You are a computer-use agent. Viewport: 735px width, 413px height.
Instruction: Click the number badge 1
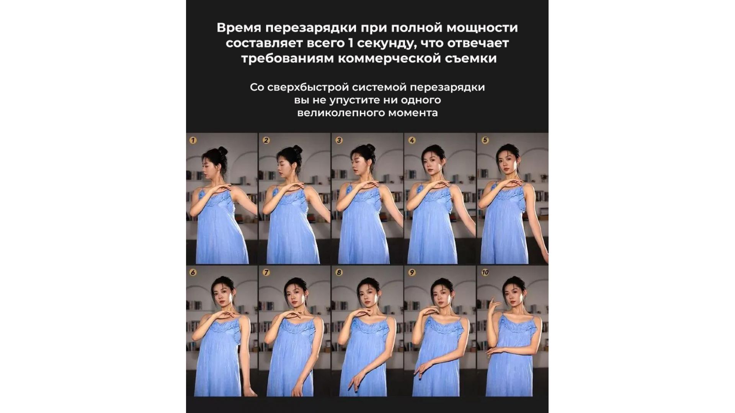[x=193, y=140]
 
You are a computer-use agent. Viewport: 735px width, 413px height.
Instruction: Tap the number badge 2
[x=266, y=140]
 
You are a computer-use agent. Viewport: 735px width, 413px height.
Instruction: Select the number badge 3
[x=339, y=140]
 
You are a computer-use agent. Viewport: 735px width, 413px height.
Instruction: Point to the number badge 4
[x=412, y=140]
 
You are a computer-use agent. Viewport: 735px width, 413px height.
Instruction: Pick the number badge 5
[x=485, y=140]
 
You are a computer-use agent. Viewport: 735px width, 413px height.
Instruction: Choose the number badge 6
[x=193, y=273]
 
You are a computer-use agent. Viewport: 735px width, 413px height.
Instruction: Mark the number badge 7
[x=266, y=273]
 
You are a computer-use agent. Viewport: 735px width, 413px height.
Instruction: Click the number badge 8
[x=339, y=273]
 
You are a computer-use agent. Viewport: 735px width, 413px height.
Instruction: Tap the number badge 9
[x=412, y=273]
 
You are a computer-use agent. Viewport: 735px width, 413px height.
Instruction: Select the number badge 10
[x=485, y=273]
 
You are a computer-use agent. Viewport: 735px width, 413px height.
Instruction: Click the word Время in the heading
[x=239, y=28]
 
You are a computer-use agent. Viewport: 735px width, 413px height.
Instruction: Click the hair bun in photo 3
[x=370, y=148]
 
